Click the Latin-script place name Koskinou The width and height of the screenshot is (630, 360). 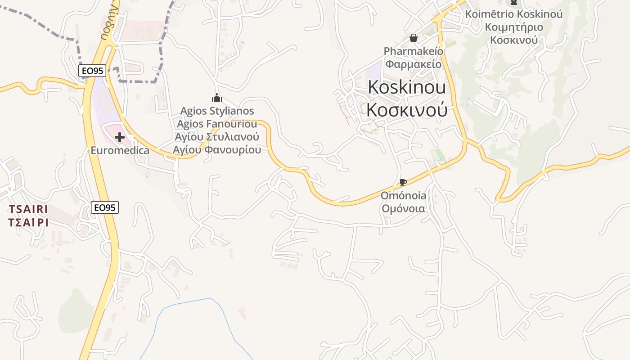pyautogui.click(x=407, y=87)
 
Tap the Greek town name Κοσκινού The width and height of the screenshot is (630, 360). pyautogui.click(x=407, y=109)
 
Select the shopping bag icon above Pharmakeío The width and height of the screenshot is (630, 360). pyautogui.click(x=414, y=38)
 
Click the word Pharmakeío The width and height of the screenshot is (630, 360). pyautogui.click(x=413, y=51)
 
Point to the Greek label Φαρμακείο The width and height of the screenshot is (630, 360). pyautogui.click(x=413, y=63)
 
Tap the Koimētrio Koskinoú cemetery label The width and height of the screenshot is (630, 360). pyautogui.click(x=513, y=14)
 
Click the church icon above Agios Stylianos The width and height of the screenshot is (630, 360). pyautogui.click(x=217, y=98)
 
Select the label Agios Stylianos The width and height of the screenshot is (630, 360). pyautogui.click(x=217, y=111)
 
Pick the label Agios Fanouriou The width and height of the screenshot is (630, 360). pyautogui.click(x=217, y=124)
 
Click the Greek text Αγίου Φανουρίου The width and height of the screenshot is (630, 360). pyautogui.click(x=217, y=149)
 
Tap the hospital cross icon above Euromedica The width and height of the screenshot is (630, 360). pyautogui.click(x=120, y=137)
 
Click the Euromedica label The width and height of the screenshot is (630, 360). pyautogui.click(x=120, y=150)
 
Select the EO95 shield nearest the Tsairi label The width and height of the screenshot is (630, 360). pyautogui.click(x=104, y=207)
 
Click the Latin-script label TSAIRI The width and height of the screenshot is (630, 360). pyautogui.click(x=28, y=209)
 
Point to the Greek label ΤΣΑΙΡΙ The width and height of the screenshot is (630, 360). pyautogui.click(x=28, y=222)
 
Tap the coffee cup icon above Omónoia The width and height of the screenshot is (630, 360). pyautogui.click(x=403, y=183)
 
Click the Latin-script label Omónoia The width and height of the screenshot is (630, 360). pyautogui.click(x=403, y=196)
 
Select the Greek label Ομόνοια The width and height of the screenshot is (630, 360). pyautogui.click(x=403, y=208)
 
